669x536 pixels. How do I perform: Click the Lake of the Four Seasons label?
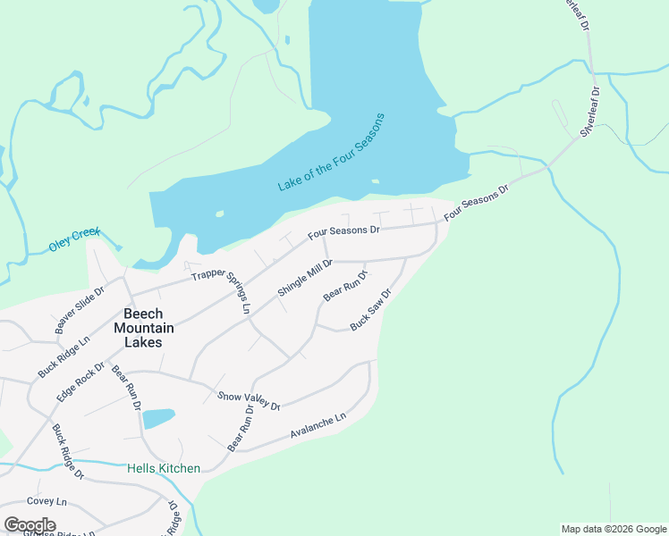(331, 152)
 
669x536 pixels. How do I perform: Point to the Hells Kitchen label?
(164, 468)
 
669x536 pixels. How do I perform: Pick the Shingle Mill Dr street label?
(305, 278)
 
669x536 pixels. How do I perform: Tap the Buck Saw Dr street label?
(371, 309)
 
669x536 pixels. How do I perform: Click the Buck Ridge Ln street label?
(64, 356)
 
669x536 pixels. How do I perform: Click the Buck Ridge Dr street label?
(67, 450)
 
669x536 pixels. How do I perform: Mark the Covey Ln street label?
(47, 502)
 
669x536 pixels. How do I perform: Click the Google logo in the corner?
(30, 525)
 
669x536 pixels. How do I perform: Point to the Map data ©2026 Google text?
(613, 529)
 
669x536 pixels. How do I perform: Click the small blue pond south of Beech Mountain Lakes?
(158, 418)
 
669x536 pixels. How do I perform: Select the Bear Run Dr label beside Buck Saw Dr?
(345, 285)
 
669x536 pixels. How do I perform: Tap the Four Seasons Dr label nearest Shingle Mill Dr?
(344, 231)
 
